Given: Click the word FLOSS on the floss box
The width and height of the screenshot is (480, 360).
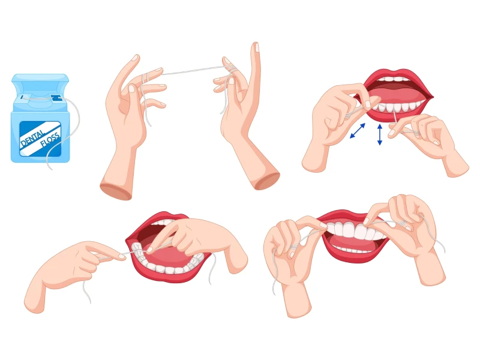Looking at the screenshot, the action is [x=50, y=139].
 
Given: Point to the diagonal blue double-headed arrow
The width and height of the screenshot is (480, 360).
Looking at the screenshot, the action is [x=358, y=131].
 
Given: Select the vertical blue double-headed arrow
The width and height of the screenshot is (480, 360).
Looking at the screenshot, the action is [x=380, y=134].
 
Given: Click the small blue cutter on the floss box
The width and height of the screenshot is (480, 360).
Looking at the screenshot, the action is [x=56, y=98].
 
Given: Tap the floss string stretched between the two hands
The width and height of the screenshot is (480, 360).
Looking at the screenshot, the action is [x=192, y=71].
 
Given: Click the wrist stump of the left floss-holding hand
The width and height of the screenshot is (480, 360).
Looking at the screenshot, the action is [x=116, y=190].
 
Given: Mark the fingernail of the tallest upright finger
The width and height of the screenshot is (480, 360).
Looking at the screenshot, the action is [x=257, y=47].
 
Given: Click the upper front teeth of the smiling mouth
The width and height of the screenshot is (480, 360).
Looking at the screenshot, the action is [x=355, y=230].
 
